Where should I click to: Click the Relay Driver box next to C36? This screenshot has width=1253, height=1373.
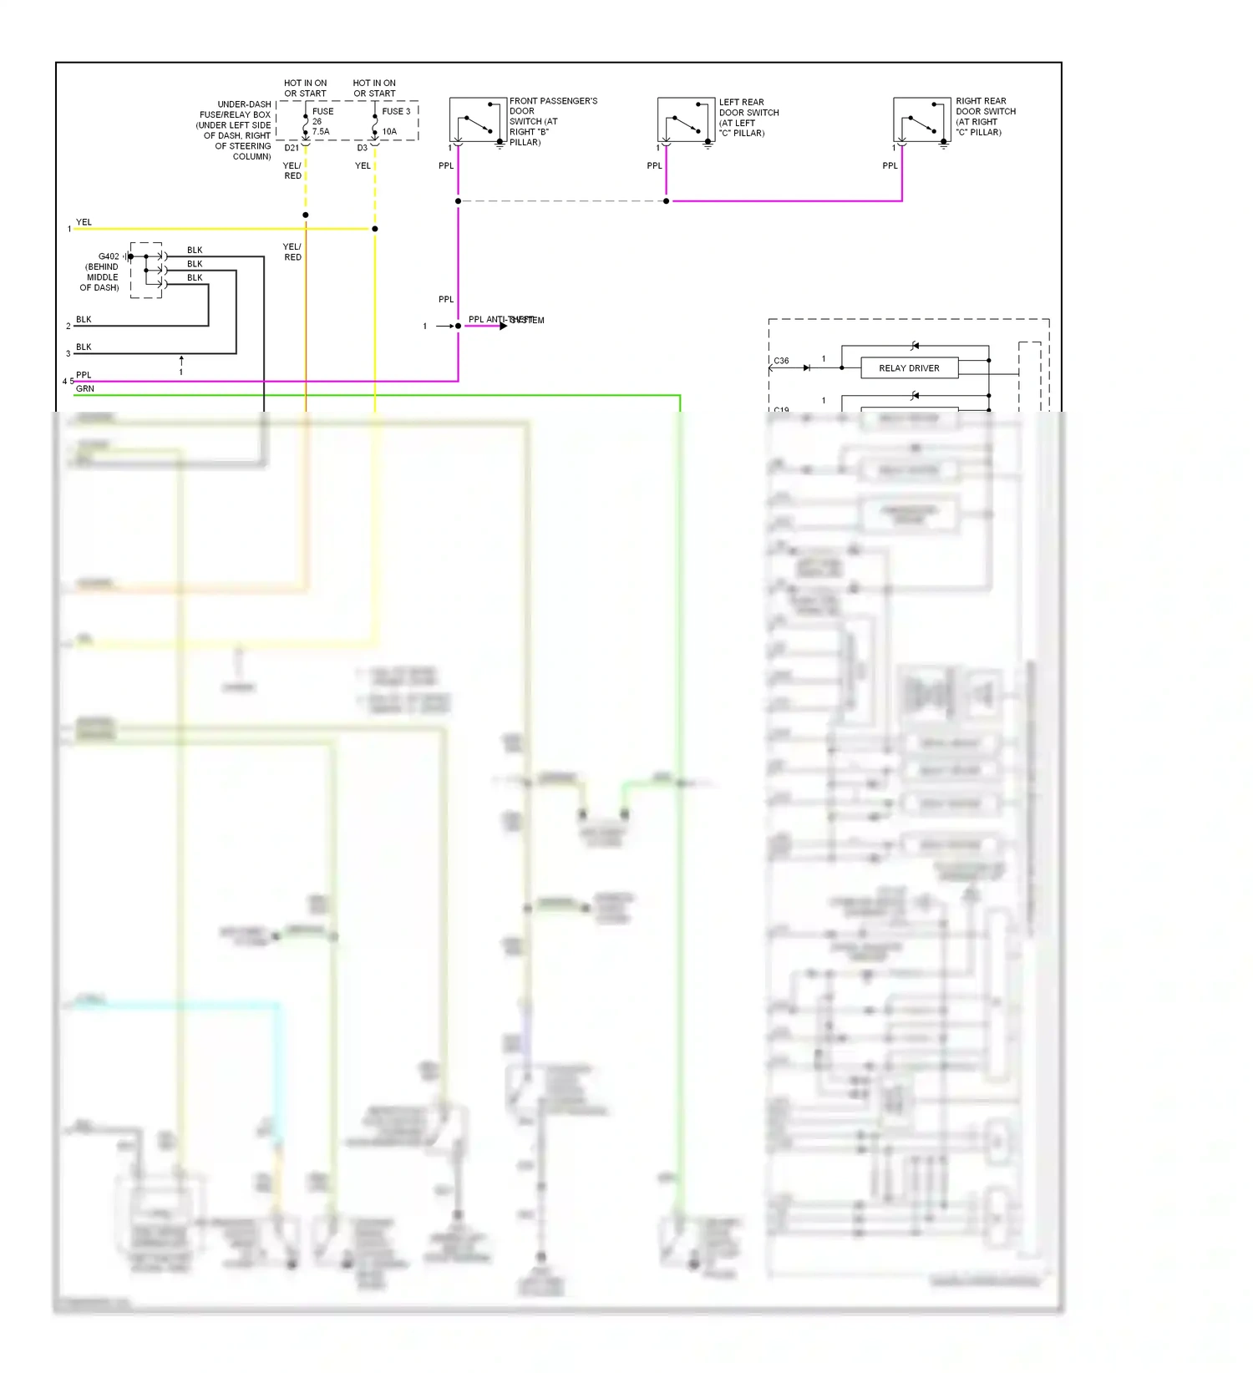click(909, 368)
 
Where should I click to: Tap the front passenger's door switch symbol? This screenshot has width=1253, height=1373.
click(478, 119)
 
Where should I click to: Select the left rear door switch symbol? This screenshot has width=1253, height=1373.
click(686, 119)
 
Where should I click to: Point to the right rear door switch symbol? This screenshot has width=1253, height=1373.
click(921, 119)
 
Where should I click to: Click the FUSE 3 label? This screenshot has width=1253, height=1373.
click(396, 111)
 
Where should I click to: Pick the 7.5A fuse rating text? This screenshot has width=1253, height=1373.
click(321, 132)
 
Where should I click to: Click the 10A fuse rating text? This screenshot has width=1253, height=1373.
click(389, 132)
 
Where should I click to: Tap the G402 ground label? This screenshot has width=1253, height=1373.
click(109, 256)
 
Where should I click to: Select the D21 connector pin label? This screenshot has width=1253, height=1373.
click(292, 148)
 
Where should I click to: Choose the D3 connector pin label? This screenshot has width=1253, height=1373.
click(362, 148)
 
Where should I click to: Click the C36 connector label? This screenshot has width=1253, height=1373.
click(781, 361)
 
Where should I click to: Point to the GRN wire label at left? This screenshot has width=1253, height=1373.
click(85, 389)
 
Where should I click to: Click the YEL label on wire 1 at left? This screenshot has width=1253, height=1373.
click(84, 222)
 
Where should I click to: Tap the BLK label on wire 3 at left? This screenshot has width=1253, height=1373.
click(84, 347)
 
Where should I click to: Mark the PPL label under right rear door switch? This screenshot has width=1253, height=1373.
click(890, 165)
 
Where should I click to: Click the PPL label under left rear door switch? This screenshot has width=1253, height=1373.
click(654, 165)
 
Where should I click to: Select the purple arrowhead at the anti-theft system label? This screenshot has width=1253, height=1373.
click(503, 326)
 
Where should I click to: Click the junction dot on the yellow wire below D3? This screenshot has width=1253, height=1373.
click(375, 229)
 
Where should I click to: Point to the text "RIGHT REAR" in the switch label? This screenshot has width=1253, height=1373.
click(981, 101)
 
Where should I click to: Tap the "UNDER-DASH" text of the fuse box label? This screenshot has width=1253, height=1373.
click(244, 104)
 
